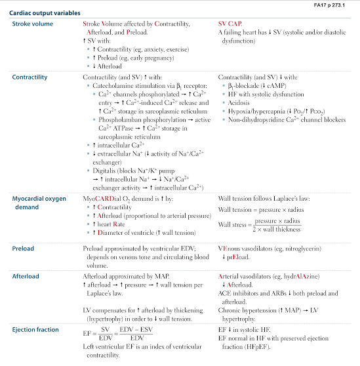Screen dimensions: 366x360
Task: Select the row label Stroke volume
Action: pos(32,24)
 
